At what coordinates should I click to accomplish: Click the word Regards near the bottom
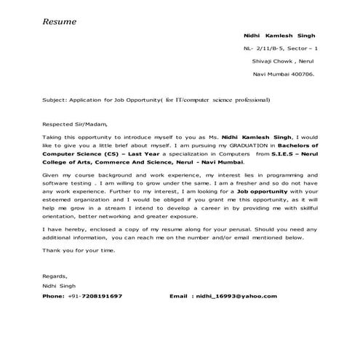(55, 277)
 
